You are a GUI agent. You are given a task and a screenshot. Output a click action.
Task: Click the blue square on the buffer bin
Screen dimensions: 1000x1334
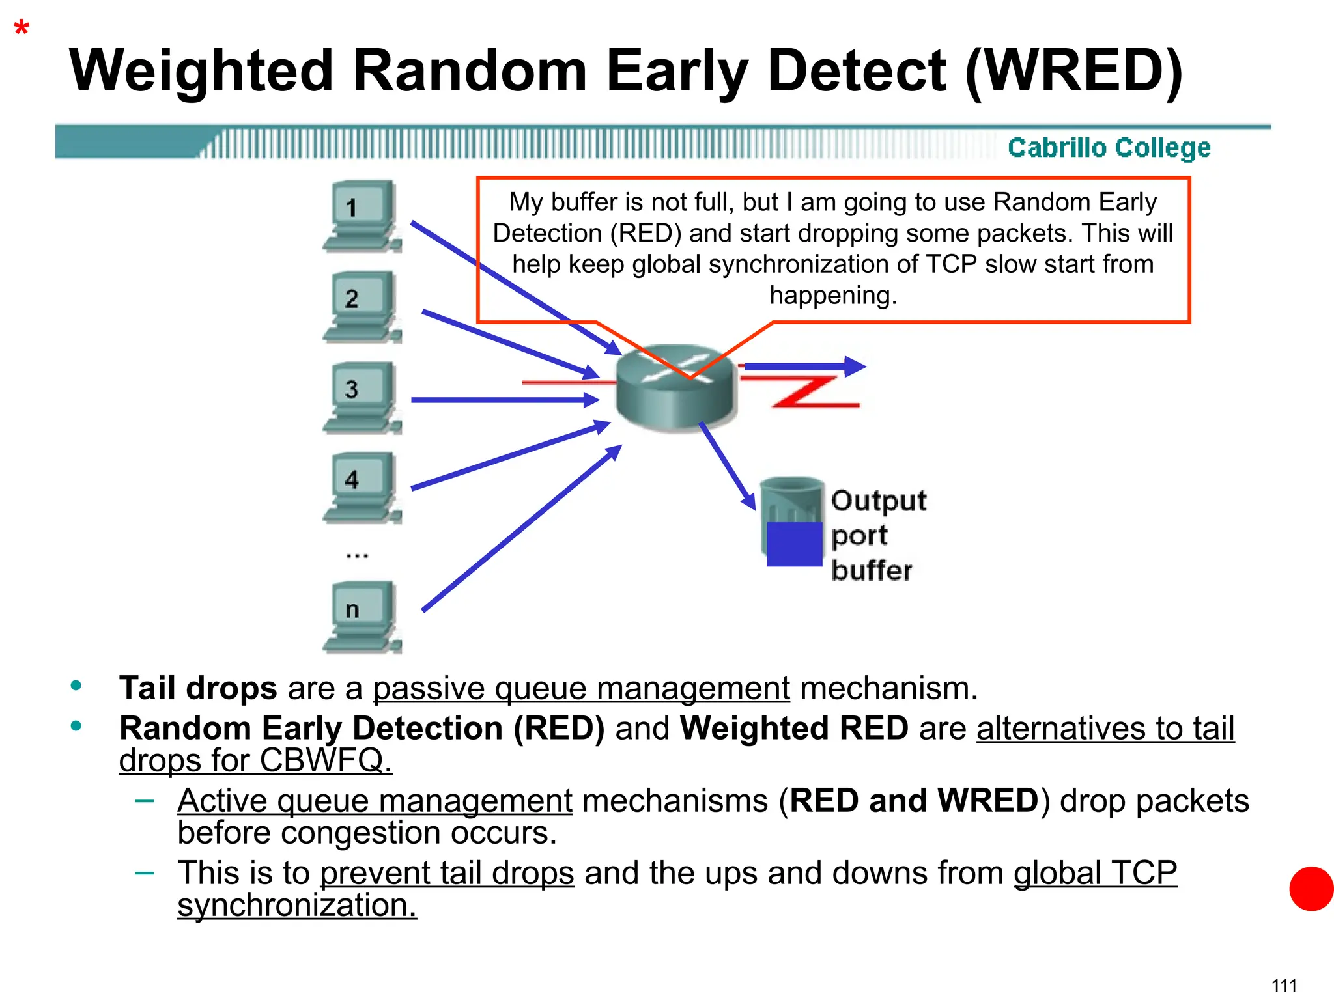click(794, 544)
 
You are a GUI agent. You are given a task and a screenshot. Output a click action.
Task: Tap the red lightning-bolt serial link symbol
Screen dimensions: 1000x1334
click(814, 391)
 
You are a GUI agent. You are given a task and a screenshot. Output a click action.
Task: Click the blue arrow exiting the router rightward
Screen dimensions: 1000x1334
click(804, 367)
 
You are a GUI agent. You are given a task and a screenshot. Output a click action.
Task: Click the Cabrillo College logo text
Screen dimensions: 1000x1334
click(1109, 148)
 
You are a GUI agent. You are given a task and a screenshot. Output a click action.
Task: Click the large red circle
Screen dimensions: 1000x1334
click(1311, 889)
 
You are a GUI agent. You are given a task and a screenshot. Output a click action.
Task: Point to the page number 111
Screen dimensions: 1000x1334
click(1284, 985)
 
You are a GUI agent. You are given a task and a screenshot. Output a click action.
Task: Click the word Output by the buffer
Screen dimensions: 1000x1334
click(878, 501)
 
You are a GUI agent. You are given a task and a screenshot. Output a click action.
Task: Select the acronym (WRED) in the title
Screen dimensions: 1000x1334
click(1073, 71)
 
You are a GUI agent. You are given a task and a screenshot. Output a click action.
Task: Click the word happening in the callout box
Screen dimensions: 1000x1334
click(833, 296)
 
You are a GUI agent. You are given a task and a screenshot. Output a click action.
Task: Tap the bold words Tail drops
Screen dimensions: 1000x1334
click(198, 688)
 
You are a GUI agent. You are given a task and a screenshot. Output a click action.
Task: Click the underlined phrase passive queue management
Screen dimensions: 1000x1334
click(581, 689)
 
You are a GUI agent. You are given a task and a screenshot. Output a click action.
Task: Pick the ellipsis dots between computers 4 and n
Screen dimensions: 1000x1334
click(357, 555)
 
